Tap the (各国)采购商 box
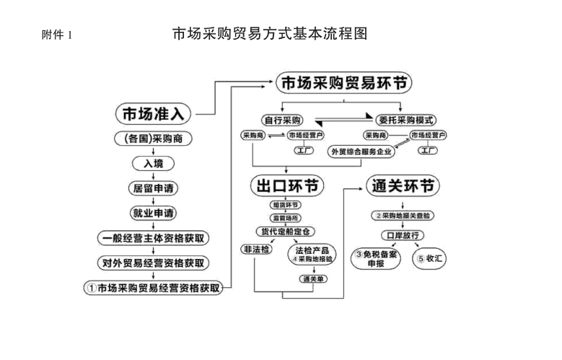[x=154, y=138]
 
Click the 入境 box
[x=154, y=164]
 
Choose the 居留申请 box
[x=154, y=188]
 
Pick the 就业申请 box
[x=154, y=213]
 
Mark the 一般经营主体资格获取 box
[x=154, y=237]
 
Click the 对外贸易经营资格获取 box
[x=154, y=262]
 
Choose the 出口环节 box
[x=286, y=185]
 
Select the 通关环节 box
[x=403, y=185]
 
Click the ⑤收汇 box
[x=429, y=258]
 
